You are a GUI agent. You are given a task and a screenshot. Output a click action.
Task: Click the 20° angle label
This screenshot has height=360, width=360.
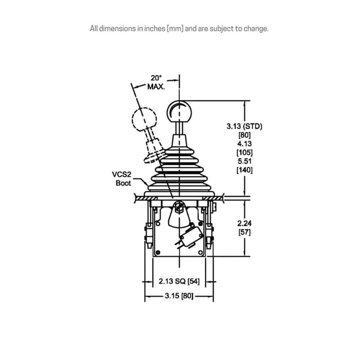pos(156,78)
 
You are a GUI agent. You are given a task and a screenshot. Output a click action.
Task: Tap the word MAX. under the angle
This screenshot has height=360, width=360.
pos(156,87)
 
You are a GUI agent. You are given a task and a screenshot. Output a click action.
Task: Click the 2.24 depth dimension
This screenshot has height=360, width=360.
pos(244,223)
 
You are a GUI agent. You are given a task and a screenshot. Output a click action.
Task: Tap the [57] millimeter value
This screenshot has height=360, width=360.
pos(244,232)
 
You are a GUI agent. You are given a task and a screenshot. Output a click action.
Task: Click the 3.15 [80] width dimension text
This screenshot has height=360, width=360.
pos(179,296)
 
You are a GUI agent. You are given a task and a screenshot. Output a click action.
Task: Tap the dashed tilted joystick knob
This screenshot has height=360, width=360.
pos(144,120)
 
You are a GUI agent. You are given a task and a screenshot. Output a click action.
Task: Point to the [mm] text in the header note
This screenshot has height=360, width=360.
pos(175,29)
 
